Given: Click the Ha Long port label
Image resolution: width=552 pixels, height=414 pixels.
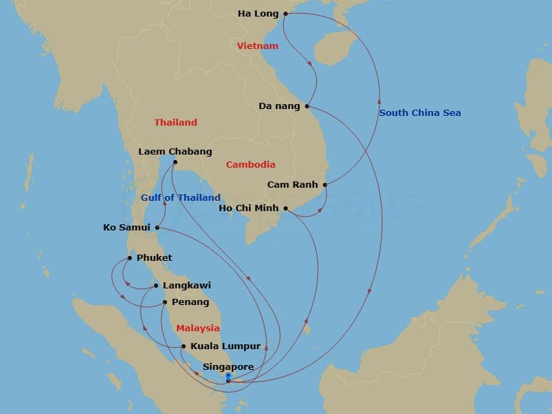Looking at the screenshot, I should point(258,13).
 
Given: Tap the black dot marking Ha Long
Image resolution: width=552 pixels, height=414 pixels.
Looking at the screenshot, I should point(286,13).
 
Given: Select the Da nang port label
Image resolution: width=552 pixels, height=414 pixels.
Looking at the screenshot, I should point(279,106).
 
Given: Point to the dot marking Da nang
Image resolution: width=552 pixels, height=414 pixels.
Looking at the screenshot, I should point(307,106).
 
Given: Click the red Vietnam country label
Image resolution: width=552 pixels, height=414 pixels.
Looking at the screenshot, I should point(257,46).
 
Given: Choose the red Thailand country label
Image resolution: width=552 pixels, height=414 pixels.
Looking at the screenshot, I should point(175,122).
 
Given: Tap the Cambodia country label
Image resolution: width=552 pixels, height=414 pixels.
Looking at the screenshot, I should point(250,165).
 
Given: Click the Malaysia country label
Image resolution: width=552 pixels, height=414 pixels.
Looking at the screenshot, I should point(197,328).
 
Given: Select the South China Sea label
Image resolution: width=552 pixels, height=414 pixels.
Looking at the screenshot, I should point(420,113).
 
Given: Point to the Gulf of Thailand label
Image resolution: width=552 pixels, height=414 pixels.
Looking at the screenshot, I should point(181,198).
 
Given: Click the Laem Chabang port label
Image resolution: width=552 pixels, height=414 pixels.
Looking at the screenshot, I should point(175,152).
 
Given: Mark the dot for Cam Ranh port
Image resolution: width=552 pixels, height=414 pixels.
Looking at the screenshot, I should point(324,185).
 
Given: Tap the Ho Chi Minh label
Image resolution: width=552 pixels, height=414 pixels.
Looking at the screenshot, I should point(248,208).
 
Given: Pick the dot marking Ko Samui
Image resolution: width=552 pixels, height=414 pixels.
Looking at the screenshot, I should point(158,228).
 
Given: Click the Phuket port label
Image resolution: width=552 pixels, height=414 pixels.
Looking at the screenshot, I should point(154,258).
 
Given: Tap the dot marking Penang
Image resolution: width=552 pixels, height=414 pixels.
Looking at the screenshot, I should point(165,302).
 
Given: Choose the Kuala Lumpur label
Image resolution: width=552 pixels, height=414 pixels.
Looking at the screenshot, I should point(226,346).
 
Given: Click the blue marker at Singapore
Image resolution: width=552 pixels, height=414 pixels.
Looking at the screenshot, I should point(228,377).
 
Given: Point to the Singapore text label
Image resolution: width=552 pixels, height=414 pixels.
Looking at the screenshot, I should point(228,367).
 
